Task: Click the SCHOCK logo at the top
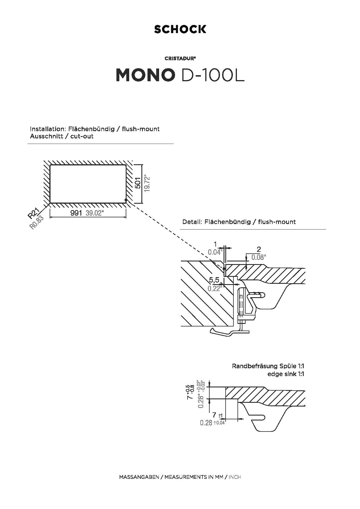180,29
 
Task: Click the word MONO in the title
145,75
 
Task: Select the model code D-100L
212,75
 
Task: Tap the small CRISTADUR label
180,58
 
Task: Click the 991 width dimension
76,213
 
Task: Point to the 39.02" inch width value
95,213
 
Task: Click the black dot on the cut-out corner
126,200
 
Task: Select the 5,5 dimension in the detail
214,280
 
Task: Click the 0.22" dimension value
215,288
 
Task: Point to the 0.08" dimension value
258,257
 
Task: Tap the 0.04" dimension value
215,252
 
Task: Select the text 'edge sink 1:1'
286,374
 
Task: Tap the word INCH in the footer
235,477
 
